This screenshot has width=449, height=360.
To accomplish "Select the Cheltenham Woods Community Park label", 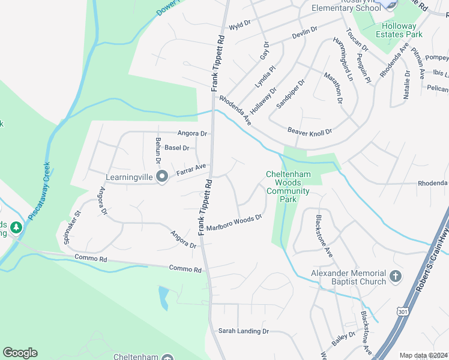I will click(x=288, y=187).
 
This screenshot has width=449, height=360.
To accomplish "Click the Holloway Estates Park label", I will click(x=396, y=29).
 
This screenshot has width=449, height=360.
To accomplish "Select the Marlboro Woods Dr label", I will click(x=235, y=223).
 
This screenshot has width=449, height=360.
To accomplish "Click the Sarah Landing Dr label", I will click(x=244, y=331).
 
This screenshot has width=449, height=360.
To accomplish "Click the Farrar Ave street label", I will click(x=191, y=170).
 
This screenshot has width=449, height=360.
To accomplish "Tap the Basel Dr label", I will click(x=177, y=148).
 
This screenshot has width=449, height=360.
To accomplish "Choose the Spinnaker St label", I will click(x=71, y=227).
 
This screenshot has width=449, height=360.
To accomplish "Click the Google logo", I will click(x=20, y=353).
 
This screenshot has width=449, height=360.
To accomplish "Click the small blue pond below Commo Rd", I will click(x=164, y=298).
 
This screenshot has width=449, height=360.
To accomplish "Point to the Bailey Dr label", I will click(x=343, y=339).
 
